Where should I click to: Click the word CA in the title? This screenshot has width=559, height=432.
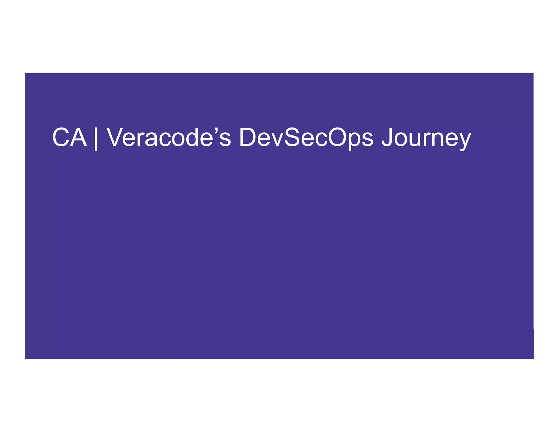(69, 137)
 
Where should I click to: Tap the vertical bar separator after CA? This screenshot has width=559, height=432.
(96, 138)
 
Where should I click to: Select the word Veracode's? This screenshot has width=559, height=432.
(168, 137)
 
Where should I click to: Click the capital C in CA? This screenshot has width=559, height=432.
(61, 137)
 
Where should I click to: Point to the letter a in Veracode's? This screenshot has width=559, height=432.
(150, 139)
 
